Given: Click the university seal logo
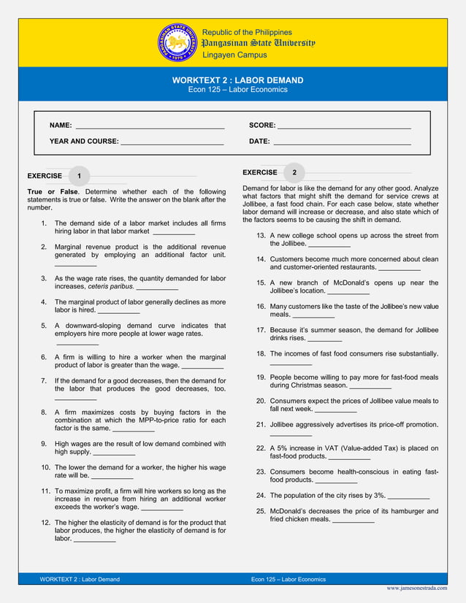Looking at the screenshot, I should tap(177, 43).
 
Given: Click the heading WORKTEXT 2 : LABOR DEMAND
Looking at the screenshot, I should tap(237, 80).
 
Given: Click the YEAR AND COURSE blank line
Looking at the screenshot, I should tap(172, 142).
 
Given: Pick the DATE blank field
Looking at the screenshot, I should tap(341, 142).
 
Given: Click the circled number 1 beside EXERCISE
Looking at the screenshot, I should tap(79, 176).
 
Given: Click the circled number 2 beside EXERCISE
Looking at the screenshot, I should tap(294, 173).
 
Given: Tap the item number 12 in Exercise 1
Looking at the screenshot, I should tap(45, 523).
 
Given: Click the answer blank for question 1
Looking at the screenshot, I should tap(174, 232).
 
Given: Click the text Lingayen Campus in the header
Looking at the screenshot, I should tap(234, 55).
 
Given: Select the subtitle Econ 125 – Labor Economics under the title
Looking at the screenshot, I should tap(237, 90).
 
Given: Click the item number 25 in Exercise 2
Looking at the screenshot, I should tap(261, 511).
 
